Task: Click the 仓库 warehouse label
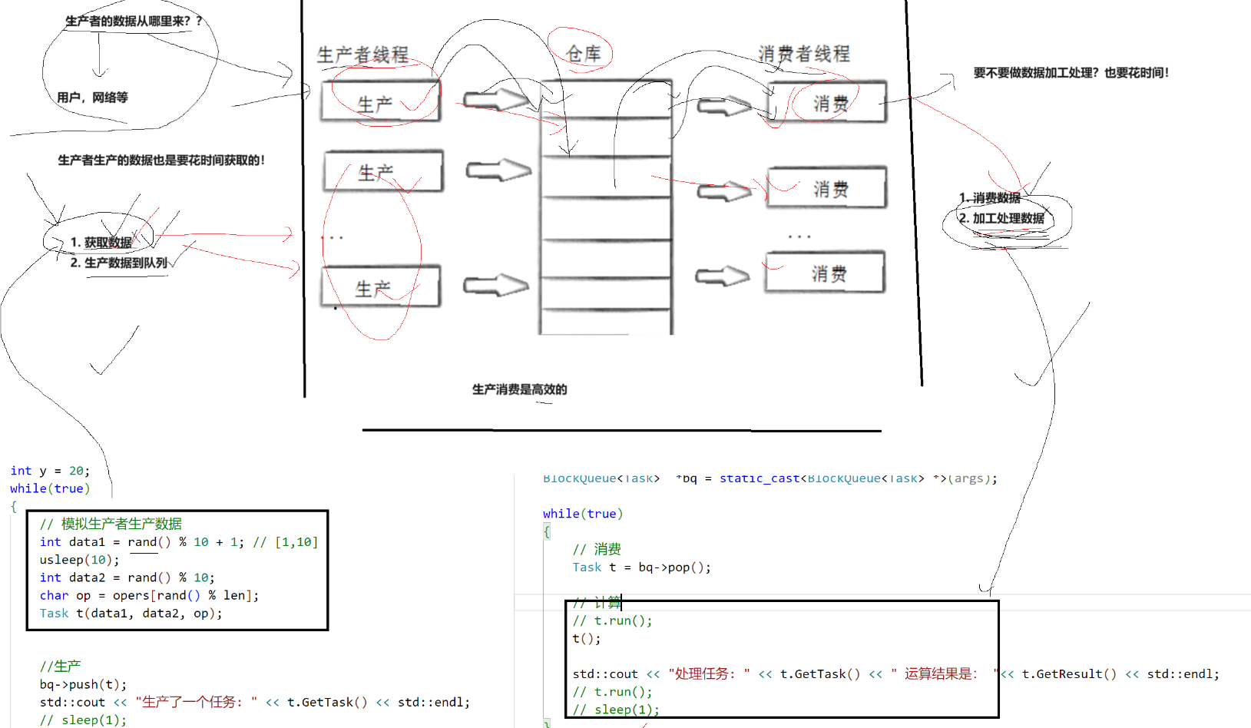(583, 54)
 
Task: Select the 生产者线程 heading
(362, 55)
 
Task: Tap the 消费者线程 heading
(804, 54)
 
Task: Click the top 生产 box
(380, 102)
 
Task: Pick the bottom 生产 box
(379, 287)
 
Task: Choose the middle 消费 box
(827, 188)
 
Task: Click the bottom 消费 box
(826, 273)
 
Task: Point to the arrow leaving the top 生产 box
(496, 100)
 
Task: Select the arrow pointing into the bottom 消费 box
(722, 276)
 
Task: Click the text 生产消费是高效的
(519, 389)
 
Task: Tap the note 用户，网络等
(92, 98)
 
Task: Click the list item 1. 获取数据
(101, 243)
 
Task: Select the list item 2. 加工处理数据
(1001, 218)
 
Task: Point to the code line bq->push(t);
(83, 684)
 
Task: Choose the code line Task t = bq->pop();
(641, 568)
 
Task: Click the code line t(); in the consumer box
(587, 638)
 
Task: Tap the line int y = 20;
(50, 471)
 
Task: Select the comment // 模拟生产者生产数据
(111, 524)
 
